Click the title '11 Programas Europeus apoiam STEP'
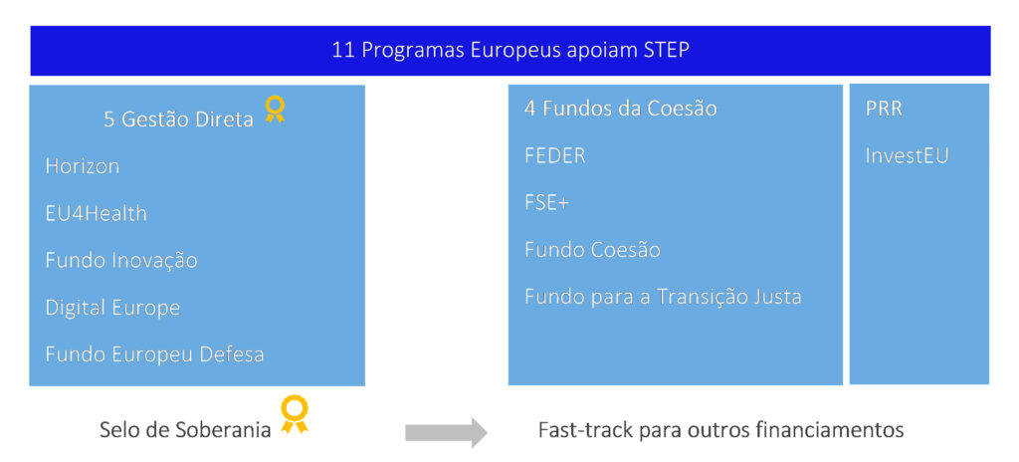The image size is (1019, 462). point(510,50)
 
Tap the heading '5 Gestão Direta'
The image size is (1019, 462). point(179,119)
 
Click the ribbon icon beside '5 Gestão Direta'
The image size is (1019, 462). point(275,109)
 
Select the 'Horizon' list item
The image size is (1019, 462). point(83,166)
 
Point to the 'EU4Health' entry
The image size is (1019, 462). point(97,213)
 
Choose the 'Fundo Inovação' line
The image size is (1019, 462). point(121,261)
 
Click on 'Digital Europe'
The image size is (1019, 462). point(112,308)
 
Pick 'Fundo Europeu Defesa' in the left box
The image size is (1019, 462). point(154,354)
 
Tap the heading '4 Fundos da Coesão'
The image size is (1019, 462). point(621,108)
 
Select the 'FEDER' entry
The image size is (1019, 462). point(555,156)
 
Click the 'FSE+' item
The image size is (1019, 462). point(546,203)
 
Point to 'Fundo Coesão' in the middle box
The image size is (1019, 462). point(593,250)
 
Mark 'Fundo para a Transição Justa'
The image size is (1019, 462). point(663,297)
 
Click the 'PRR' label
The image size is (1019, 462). point(884,109)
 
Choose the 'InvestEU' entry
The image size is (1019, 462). point(908,156)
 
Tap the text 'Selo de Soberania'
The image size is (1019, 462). point(185,429)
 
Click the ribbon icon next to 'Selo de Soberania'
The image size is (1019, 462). point(295,414)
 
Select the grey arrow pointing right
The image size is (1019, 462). point(446,431)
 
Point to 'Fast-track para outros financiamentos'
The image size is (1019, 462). point(720,430)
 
